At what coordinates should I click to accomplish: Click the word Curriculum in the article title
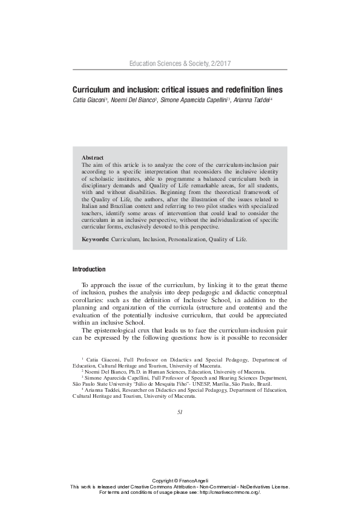click(92, 89)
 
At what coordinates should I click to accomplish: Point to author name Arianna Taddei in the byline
click(252, 99)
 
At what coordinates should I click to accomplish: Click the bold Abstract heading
click(93, 157)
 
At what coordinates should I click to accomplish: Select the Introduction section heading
click(89, 269)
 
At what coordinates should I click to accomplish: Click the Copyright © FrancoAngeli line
click(180, 480)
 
